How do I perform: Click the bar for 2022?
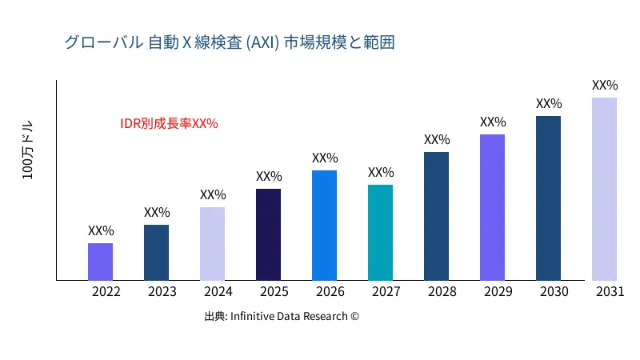[x=100, y=262]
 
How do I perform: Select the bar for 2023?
[x=156, y=253]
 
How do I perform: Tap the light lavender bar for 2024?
[x=212, y=244]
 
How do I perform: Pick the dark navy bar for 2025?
[x=268, y=234]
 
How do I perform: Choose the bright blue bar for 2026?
[x=324, y=226]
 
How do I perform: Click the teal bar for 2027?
[x=380, y=233]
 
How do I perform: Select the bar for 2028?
[x=436, y=216]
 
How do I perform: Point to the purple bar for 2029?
[x=492, y=207]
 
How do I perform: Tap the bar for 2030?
[x=548, y=198]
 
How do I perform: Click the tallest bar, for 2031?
[x=604, y=189]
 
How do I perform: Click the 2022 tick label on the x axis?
[x=106, y=292]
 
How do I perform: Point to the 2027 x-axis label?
[x=386, y=292]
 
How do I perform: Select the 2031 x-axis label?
[x=610, y=292]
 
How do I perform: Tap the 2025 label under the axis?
[x=274, y=292]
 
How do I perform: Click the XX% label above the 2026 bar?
[x=325, y=158]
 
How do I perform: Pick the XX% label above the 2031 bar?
[x=605, y=85]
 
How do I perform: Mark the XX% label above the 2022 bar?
[x=101, y=230]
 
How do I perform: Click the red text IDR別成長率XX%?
[x=169, y=124]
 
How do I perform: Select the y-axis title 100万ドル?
[x=28, y=151]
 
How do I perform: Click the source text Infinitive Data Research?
[x=282, y=316]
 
